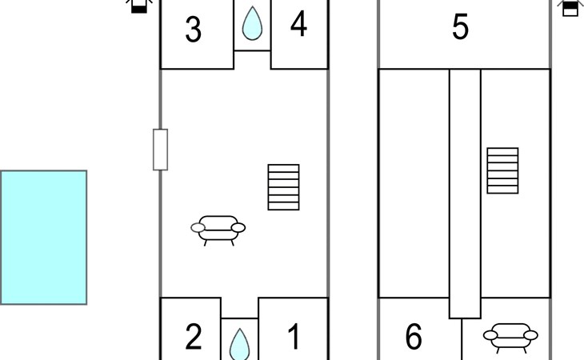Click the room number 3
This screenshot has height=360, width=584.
pos(194,30)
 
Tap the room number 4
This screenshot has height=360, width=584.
pos(298,23)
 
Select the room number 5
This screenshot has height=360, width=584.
pos(460,27)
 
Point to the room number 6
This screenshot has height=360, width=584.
pos(414,337)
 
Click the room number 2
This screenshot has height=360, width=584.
pos(194,337)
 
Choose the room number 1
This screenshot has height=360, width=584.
pos(294,337)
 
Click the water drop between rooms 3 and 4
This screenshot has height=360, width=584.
pos(252,23)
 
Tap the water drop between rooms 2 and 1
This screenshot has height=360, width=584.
pos(239,344)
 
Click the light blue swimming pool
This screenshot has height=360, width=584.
pos(43,238)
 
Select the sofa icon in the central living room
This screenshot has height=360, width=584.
pos(218,230)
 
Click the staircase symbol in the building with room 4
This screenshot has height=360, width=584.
pos(283,187)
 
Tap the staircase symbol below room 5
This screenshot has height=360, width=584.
pos(503,170)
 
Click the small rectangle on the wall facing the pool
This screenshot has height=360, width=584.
pos(161,150)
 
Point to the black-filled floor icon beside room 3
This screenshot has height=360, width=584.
pos(139,6)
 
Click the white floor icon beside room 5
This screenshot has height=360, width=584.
pos(570,7)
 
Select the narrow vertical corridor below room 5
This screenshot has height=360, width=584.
pos(465,194)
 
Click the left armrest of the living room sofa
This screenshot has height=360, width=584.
pos(198,227)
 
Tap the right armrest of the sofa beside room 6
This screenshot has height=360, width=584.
pos(530,335)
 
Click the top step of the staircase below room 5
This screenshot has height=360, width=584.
pos(503,151)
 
